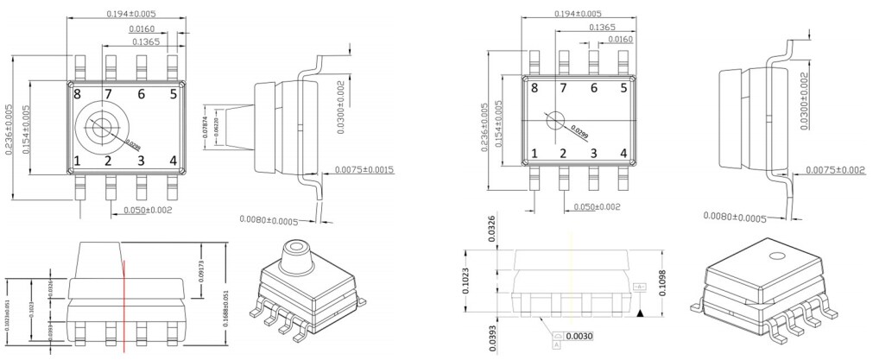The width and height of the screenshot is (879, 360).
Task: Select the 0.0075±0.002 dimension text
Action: click(x=836, y=169)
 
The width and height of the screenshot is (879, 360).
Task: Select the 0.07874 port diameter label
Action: click(x=204, y=127)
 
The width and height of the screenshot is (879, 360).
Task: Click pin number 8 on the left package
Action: click(x=77, y=94)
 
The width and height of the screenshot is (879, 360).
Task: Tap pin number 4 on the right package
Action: click(x=623, y=154)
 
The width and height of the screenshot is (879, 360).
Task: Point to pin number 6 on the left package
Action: click(x=141, y=94)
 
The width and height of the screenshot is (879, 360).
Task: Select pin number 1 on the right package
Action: click(x=534, y=154)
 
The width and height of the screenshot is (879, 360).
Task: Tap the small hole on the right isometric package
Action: click(x=776, y=256)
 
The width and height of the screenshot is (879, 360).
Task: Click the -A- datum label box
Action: click(x=640, y=286)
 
